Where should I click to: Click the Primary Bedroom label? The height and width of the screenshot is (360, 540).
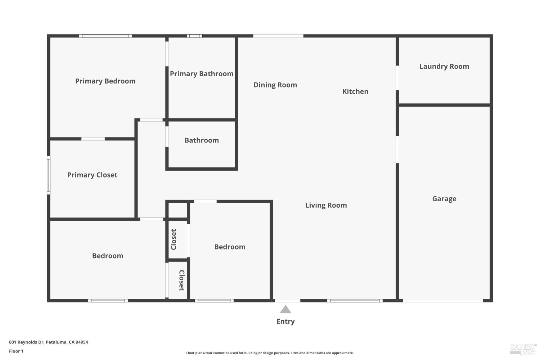pyautogui.click(x=105, y=81)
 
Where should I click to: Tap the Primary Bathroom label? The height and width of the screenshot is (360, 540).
pyautogui.click(x=202, y=74)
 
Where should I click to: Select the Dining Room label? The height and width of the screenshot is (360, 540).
pyautogui.click(x=275, y=85)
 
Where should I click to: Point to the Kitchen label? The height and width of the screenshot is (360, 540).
pyautogui.click(x=355, y=91)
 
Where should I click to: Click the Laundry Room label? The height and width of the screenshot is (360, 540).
pyautogui.click(x=444, y=66)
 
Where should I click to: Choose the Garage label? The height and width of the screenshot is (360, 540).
pyautogui.click(x=444, y=199)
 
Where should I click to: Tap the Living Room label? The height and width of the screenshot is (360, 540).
pyautogui.click(x=326, y=205)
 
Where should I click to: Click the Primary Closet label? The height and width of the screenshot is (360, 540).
pyautogui.click(x=92, y=175)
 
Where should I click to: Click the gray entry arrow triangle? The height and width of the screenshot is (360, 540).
pyautogui.click(x=285, y=309)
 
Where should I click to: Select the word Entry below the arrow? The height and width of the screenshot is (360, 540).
pyautogui.click(x=285, y=321)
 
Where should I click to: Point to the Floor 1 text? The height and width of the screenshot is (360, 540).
pyautogui.click(x=16, y=351)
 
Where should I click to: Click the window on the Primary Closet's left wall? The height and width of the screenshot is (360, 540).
pyautogui.click(x=49, y=175)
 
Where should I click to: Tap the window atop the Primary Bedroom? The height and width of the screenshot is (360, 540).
pyautogui.click(x=105, y=36)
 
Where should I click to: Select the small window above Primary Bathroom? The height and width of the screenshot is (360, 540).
pyautogui.click(x=194, y=36)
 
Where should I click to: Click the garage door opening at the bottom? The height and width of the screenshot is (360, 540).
pyautogui.click(x=442, y=300)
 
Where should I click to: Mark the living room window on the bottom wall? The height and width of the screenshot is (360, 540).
pyautogui.click(x=355, y=300)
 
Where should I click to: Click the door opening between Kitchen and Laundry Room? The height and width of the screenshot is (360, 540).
pyautogui.click(x=397, y=77)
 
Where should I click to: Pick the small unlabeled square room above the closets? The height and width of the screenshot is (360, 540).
pyautogui.click(x=177, y=210)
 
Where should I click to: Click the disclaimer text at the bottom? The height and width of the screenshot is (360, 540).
pyautogui.click(x=270, y=353)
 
